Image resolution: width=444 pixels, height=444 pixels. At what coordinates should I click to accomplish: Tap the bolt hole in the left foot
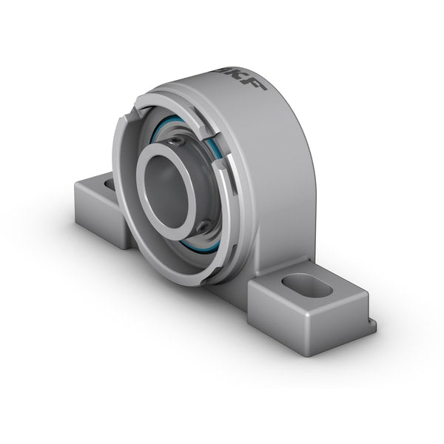110,181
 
